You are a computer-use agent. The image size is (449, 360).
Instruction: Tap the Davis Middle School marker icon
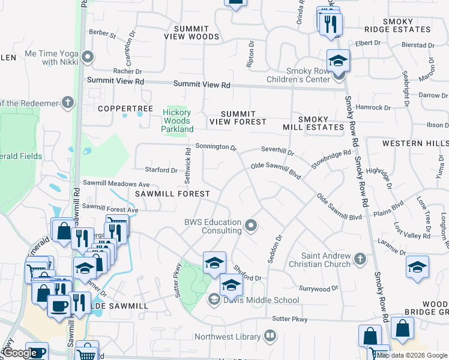(214, 299)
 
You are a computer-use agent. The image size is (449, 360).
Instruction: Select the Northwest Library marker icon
(270, 336)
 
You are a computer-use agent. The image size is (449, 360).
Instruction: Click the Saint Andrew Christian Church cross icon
(360, 258)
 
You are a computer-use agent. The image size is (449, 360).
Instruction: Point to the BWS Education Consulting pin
(251, 226)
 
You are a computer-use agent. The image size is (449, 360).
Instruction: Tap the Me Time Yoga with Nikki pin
(89, 58)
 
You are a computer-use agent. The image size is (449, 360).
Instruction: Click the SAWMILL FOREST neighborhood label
(172, 194)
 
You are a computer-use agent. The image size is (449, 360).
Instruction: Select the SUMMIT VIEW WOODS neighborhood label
(191, 32)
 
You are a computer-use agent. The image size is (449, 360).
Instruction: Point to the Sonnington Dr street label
(215, 147)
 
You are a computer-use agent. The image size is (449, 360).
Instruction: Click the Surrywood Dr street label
(319, 289)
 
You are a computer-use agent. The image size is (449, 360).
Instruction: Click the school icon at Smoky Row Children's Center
(339, 60)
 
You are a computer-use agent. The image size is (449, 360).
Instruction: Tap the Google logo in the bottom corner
(20, 353)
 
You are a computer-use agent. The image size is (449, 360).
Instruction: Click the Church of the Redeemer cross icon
(68, 101)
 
